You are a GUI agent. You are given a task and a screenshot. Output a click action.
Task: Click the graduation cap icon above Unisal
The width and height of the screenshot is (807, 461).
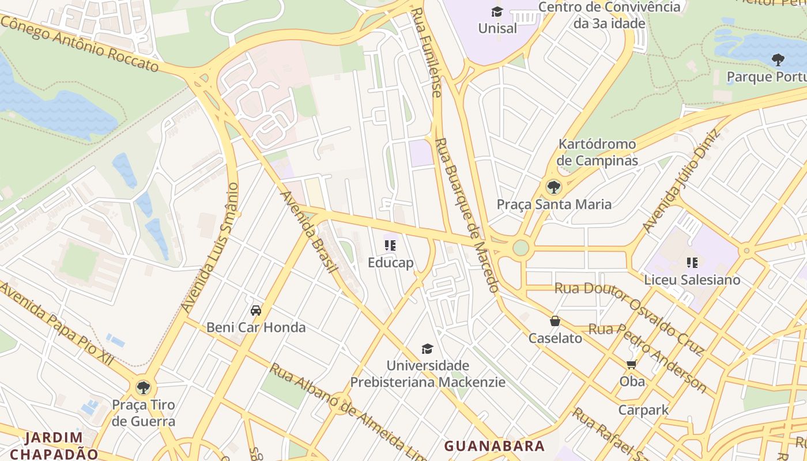[x=497, y=12]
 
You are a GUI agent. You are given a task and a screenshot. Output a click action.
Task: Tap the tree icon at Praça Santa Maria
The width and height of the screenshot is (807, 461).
[x=553, y=187]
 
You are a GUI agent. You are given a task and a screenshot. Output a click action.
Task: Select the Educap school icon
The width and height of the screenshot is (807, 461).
[x=390, y=245]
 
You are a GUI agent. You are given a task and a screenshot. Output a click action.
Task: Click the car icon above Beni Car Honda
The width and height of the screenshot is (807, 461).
[x=256, y=311]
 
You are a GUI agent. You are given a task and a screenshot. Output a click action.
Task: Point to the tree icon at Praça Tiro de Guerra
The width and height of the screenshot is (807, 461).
[x=143, y=387]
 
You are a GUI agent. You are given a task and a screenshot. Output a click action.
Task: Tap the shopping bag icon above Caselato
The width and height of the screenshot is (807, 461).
[x=555, y=321]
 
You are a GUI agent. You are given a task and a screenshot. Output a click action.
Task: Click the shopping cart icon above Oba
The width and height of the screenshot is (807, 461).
[x=632, y=364]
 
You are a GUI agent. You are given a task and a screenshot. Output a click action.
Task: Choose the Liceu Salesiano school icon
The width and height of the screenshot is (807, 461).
[x=692, y=263]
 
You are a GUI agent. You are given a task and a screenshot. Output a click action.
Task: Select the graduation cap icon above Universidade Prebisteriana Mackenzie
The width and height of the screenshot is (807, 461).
[x=427, y=349]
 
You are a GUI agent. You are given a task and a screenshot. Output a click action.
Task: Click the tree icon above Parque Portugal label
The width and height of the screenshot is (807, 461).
[x=778, y=59]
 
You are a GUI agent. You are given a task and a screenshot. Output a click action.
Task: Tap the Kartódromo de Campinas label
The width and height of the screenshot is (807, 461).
[x=597, y=152]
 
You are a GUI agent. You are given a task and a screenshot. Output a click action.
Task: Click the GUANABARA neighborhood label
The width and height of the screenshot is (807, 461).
[x=494, y=445]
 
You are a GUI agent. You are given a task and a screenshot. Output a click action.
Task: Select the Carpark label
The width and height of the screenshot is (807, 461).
[x=643, y=410]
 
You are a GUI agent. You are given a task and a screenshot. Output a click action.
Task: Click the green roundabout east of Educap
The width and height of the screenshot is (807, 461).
[x=521, y=248]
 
